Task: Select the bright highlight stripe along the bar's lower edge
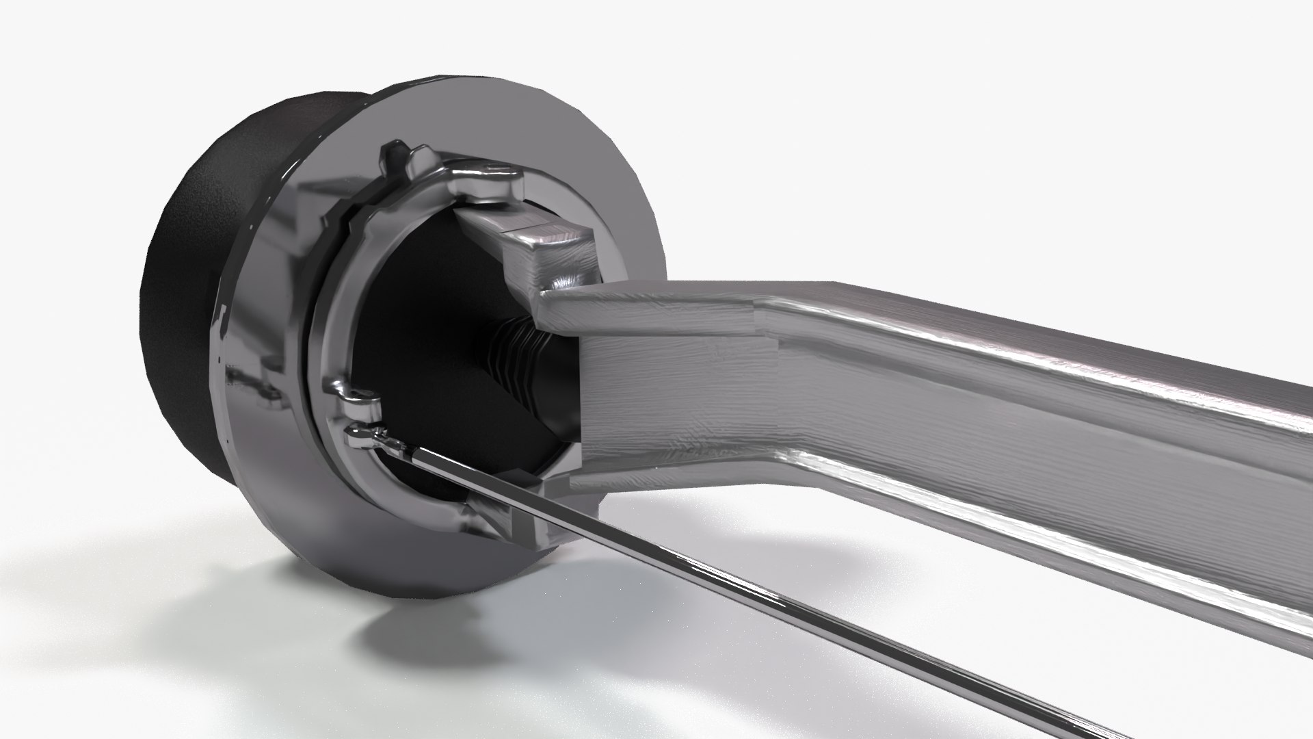pyautogui.click(x=1026, y=541)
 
